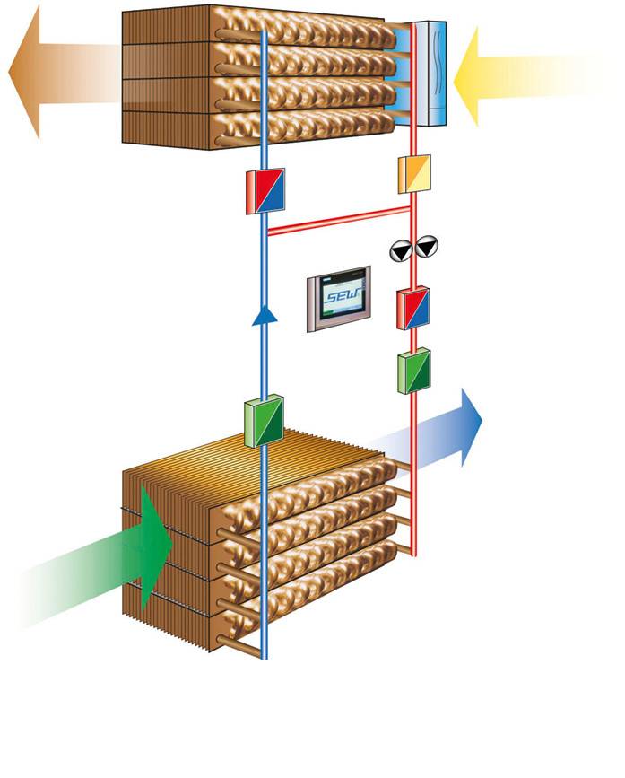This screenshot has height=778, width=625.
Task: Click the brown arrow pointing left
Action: (54, 72)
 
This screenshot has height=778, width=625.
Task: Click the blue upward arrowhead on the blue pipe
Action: (262, 315)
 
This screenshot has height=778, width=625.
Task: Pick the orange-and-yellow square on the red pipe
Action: (414, 174)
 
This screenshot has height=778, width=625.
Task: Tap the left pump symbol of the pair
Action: (399, 249)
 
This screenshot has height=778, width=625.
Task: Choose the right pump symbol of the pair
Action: (428, 245)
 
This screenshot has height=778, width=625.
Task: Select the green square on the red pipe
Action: (413, 370)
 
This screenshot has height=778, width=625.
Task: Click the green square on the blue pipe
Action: (264, 423)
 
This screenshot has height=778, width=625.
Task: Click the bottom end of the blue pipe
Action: (264, 655)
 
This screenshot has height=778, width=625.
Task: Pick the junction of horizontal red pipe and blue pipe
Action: (264, 230)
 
